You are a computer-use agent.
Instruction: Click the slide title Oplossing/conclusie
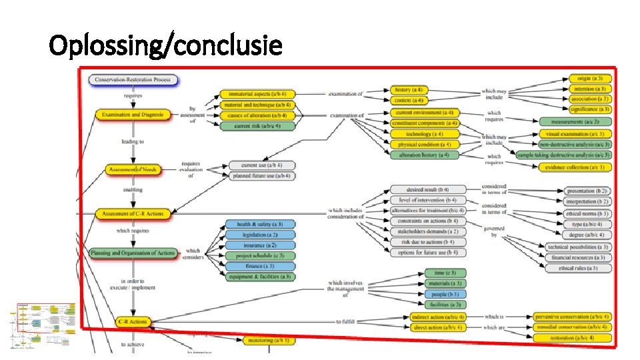166,46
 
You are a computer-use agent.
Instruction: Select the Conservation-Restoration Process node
133,80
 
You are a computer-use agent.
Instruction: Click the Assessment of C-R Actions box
134,213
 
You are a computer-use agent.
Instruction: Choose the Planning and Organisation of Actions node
133,253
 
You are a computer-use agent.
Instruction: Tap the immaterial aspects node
256,94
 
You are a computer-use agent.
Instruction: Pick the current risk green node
256,125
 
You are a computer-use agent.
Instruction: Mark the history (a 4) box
409,89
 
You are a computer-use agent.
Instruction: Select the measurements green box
575,121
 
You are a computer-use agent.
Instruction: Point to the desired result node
423,189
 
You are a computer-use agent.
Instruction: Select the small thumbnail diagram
43,326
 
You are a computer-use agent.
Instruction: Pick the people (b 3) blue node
445,294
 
